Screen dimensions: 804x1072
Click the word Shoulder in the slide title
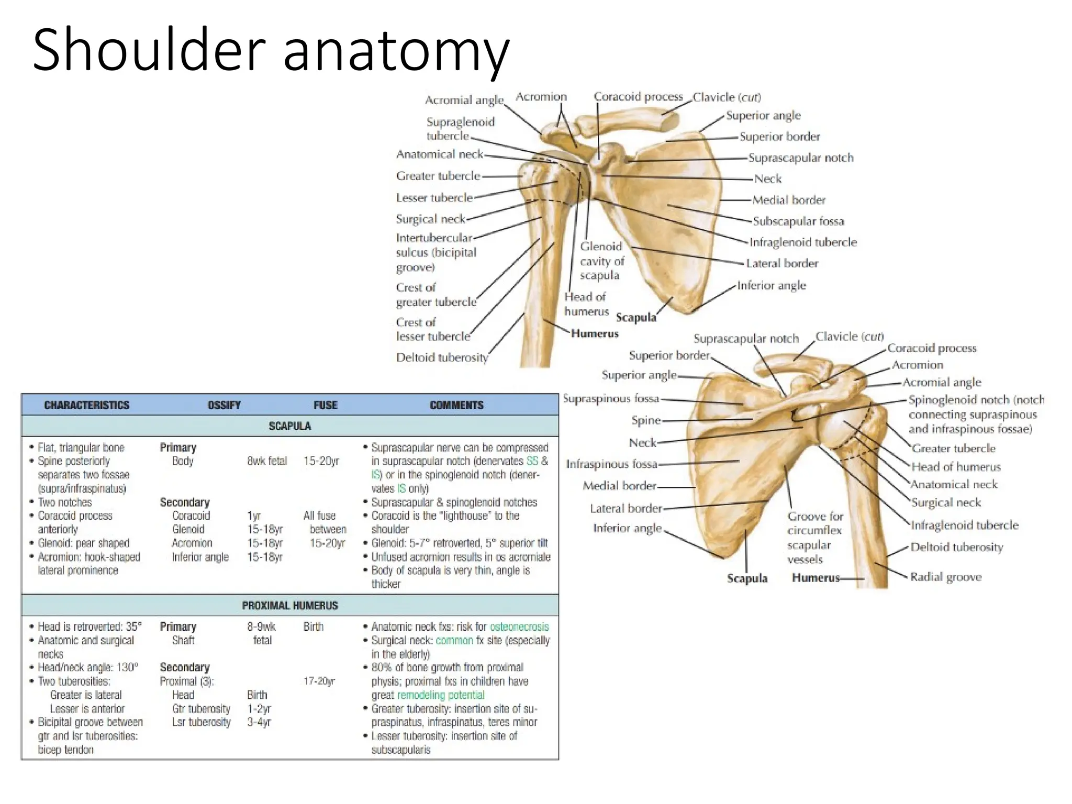148,50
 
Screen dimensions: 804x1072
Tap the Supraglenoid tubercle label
460,129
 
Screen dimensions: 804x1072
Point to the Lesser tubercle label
434,198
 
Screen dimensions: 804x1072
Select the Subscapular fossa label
798,221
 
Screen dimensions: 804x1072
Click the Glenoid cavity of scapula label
601,261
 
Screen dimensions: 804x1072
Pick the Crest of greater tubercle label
435,295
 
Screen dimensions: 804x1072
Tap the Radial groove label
945,577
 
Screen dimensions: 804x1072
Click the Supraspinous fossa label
610,398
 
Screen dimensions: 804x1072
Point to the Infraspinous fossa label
611,464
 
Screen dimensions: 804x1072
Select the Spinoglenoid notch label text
975,414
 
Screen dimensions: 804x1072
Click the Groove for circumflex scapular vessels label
814,538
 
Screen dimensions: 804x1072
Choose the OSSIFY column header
224,405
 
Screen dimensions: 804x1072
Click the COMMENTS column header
456,405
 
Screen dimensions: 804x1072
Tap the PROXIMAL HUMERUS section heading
289,606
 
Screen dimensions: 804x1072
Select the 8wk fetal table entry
267,461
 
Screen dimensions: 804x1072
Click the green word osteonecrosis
519,627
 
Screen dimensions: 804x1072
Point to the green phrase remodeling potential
441,695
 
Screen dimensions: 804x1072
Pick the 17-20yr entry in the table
319,681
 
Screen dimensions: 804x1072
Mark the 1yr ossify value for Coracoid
254,516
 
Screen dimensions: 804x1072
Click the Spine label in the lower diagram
645,420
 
